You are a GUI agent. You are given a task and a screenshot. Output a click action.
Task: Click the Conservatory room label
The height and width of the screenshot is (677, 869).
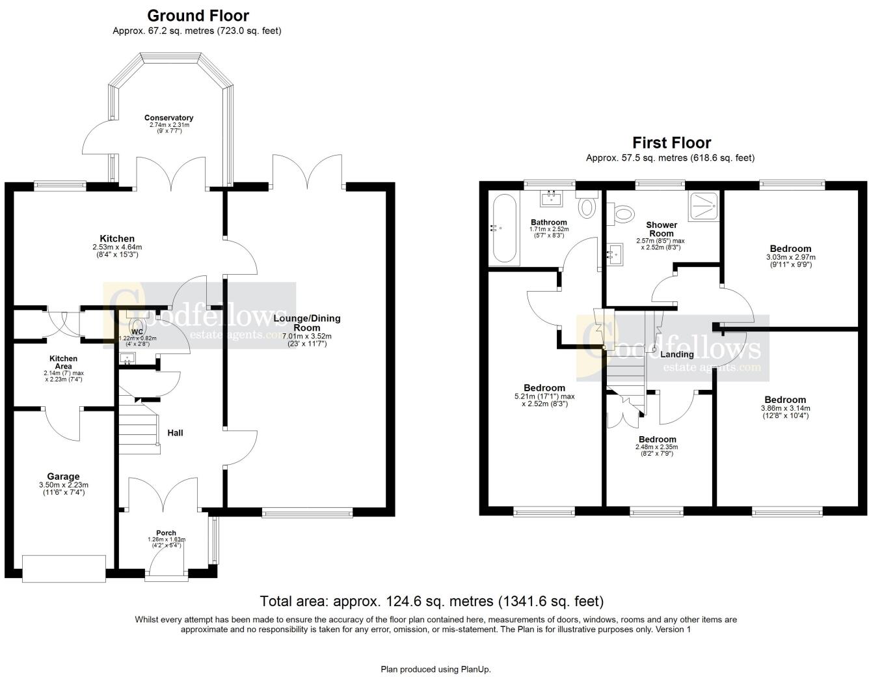coord(168,118)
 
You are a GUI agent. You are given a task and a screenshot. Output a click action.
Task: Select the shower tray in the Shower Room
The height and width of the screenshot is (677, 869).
coord(702,206)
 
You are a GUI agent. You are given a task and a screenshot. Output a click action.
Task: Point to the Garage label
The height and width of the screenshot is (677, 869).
coord(63,477)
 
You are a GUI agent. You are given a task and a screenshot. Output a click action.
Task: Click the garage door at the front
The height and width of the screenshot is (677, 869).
coord(64,568)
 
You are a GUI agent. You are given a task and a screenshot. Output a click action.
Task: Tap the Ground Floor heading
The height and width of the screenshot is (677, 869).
coord(198,16)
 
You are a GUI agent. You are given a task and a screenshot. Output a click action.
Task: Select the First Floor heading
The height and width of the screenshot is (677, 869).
coord(671,143)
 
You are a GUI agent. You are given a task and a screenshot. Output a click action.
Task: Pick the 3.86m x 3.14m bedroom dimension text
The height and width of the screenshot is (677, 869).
coord(785,409)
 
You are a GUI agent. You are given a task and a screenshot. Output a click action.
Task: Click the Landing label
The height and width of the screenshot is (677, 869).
coord(676,354)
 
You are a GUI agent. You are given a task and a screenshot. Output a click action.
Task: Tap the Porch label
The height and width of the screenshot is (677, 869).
coord(166,532)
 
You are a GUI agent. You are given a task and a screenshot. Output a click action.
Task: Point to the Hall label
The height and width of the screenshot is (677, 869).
coord(175,432)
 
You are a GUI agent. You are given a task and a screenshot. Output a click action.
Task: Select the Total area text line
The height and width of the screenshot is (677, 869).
coord(432,601)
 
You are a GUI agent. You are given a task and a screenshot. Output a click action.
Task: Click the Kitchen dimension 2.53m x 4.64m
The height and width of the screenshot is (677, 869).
coord(117,247)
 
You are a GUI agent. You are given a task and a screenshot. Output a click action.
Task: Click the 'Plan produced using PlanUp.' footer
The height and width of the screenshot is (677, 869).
coord(436,669)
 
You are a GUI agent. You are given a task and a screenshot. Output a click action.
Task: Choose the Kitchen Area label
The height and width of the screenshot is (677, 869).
coord(63,362)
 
